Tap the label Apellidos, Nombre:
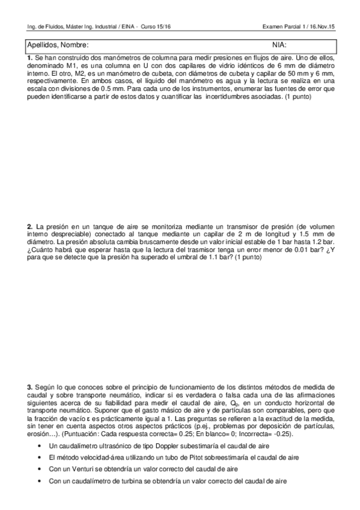[58, 45]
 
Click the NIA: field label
[279, 45]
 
